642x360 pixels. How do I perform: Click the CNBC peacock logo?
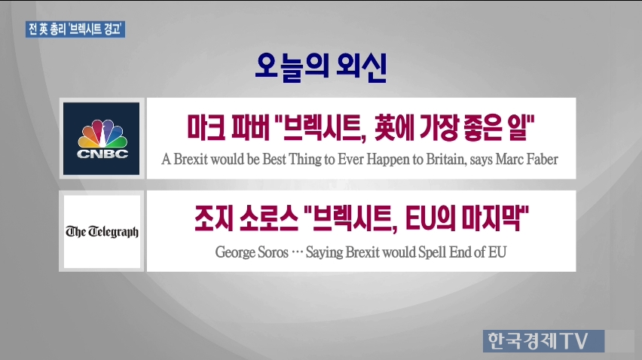tap(102, 139)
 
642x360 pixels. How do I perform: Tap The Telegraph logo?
tap(102, 231)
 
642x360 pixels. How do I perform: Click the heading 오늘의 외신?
tap(320, 67)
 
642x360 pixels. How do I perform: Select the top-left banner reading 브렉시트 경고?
tap(75, 29)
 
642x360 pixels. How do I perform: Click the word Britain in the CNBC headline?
tap(445, 159)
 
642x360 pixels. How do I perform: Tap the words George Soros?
tap(252, 252)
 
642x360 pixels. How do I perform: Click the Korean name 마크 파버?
tap(228, 127)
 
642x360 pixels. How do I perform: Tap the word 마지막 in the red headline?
tap(491, 218)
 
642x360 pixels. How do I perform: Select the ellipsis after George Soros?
tap(297, 252)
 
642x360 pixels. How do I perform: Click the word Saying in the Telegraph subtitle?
tap(324, 252)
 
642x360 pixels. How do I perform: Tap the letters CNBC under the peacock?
tap(102, 154)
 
